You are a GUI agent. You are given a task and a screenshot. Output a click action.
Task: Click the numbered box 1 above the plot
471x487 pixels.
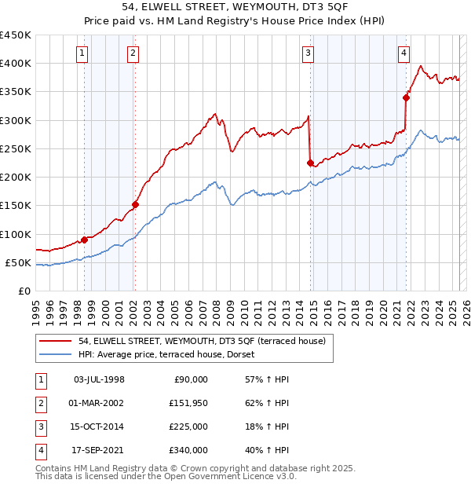click(83, 53)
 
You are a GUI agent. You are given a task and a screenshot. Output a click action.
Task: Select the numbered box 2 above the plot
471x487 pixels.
click(133, 53)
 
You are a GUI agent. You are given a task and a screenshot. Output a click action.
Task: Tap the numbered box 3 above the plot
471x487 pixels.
click(309, 53)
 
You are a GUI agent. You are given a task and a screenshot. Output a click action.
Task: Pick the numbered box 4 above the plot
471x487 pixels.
click(403, 53)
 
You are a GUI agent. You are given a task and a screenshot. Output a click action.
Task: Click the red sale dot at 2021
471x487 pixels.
click(407, 97)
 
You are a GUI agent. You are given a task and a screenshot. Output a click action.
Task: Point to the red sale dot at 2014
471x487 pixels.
click(310, 163)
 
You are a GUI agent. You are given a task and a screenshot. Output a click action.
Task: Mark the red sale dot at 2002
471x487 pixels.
click(135, 204)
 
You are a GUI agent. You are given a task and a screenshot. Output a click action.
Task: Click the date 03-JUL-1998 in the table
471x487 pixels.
click(98, 379)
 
